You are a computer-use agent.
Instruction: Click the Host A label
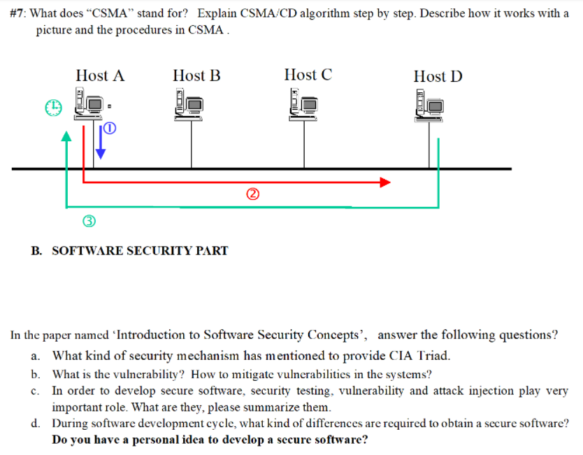click(100, 75)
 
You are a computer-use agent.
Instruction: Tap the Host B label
click(196, 75)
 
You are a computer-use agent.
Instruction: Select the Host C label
click(308, 75)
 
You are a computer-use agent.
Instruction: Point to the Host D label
click(438, 76)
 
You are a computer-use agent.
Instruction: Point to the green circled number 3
click(89, 222)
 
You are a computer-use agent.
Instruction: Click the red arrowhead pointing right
click(384, 182)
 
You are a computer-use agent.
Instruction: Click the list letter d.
click(35, 424)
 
